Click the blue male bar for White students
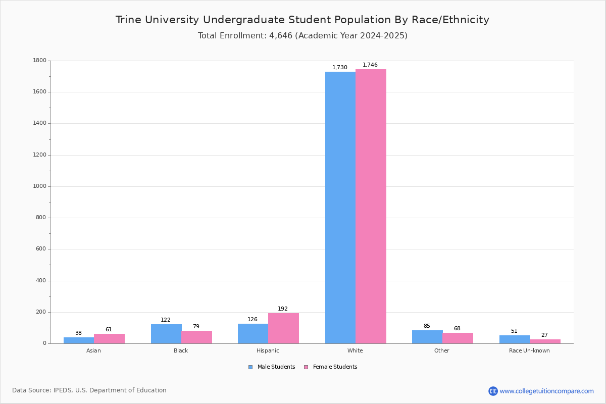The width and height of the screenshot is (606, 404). tap(340, 208)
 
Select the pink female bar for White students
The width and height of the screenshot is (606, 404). tap(371, 206)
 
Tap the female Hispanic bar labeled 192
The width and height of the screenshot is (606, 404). tap(283, 328)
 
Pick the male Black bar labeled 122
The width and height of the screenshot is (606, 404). tap(166, 334)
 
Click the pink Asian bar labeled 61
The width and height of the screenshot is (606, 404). tap(109, 338)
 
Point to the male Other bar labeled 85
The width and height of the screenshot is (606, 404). tap(427, 337)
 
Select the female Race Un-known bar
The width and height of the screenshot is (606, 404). tap(545, 341)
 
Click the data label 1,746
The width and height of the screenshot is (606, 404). tap(370, 65)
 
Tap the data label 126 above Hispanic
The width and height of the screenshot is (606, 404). tap(252, 319)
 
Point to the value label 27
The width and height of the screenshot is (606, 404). tap(544, 335)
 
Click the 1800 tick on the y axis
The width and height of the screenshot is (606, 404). tap(40, 60)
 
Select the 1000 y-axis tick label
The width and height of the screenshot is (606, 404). tap(40, 186)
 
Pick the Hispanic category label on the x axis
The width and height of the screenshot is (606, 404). tap(268, 350)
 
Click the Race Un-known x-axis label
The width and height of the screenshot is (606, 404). tap(529, 350)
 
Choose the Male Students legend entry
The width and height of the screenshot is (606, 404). tap(272, 367)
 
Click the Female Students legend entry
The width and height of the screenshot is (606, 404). tap(331, 367)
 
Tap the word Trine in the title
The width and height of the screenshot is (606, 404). tap(128, 20)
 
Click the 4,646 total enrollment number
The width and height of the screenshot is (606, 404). tap(281, 35)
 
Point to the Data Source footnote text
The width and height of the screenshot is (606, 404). tap(89, 390)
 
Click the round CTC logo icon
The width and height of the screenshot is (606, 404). tap(493, 391)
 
